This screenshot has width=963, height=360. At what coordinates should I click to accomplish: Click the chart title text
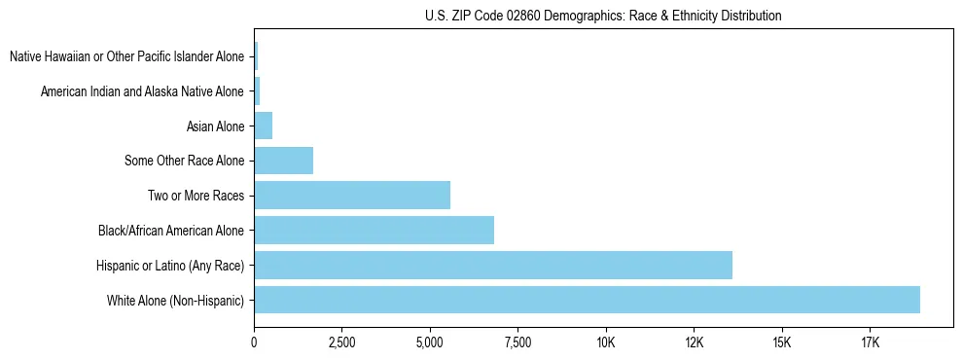603,16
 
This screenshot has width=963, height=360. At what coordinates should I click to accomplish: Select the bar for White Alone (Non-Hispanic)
587,300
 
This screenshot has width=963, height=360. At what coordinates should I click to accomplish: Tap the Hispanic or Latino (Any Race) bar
493,265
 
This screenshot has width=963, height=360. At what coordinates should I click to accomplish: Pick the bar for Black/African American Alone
374,230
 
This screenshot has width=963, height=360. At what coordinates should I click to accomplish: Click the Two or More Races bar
352,195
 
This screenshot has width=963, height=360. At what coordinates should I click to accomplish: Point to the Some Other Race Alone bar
283,160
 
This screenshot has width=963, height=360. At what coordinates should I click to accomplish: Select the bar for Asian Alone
263,125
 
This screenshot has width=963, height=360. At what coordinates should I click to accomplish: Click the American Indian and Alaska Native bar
257,90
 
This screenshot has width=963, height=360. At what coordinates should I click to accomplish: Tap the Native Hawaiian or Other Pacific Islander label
127,56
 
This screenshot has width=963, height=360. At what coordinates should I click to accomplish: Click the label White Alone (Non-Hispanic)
176,301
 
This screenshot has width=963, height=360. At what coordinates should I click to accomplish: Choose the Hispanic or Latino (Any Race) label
170,266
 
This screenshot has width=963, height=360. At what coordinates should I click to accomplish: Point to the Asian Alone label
215,126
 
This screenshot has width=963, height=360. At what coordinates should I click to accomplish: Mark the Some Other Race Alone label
185,161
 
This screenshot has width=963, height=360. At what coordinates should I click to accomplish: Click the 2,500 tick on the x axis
341,342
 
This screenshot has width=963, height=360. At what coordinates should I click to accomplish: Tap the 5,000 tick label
430,342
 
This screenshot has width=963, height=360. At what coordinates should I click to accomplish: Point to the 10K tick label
606,342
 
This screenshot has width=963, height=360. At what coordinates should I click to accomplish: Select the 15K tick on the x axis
782,342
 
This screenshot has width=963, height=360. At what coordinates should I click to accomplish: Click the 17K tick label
870,342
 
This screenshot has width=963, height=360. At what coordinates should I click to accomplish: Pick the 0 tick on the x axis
254,342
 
